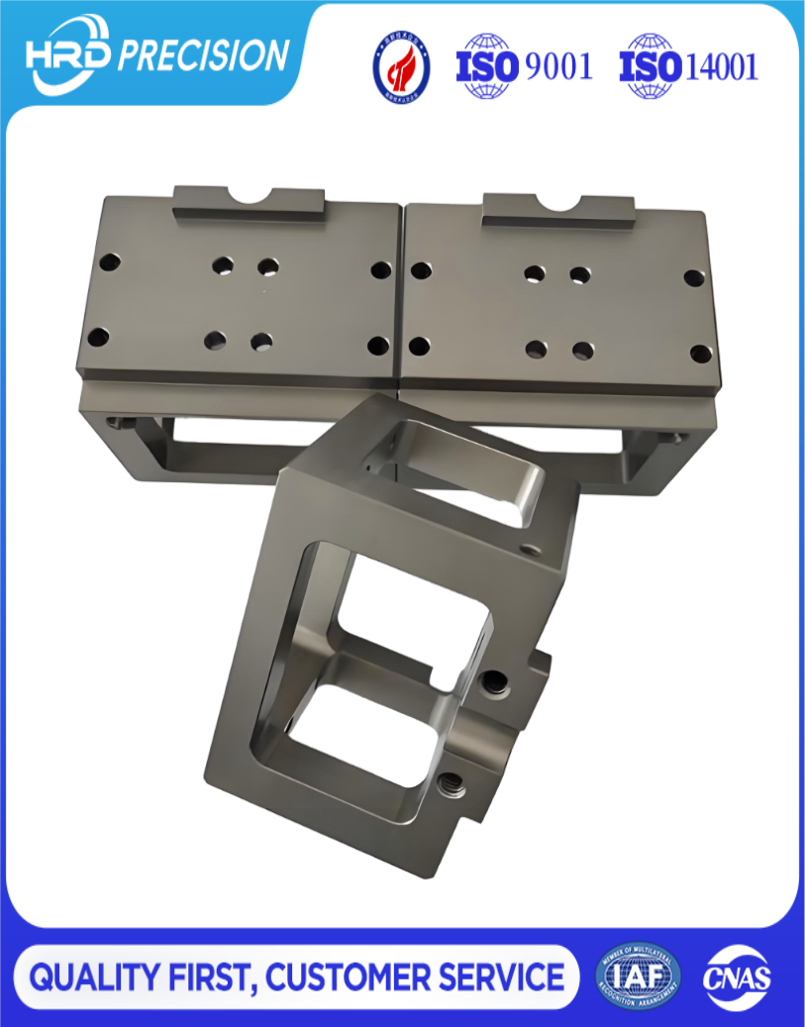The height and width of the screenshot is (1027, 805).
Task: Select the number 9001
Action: pos(558,66)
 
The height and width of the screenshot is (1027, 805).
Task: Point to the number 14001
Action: pos(721,66)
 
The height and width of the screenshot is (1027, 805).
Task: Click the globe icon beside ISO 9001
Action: pos(486,65)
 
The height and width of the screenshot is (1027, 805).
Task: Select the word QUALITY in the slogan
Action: pos(92,977)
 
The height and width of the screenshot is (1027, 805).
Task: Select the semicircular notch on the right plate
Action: pos(559,202)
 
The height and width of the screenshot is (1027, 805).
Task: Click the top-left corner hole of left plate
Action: pos(110,263)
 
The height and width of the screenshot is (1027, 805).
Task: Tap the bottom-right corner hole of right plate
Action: pos(700,353)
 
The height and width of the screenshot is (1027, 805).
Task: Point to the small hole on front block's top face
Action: pos(527,548)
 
